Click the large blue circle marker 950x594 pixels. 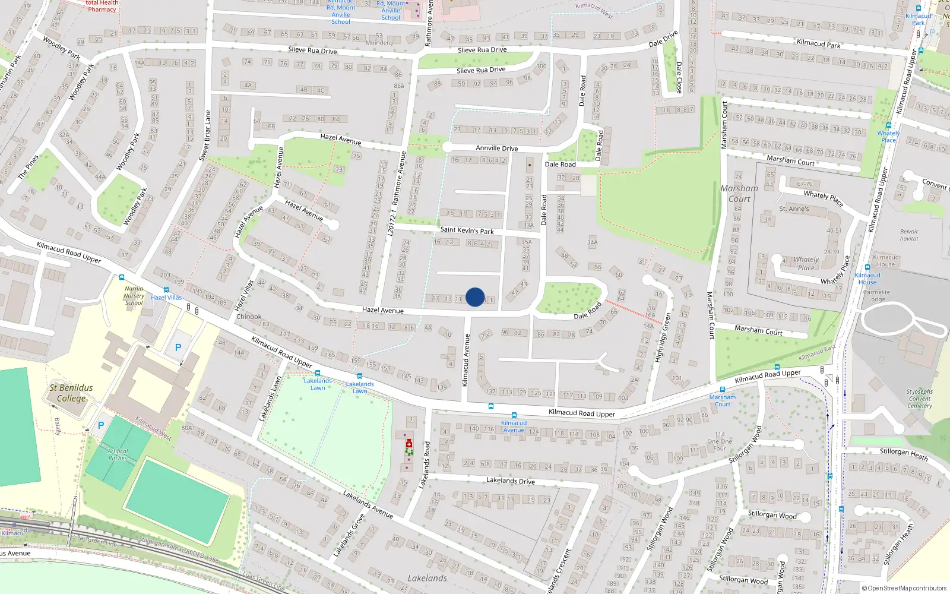coord(475,297)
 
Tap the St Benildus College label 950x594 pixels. coord(71,393)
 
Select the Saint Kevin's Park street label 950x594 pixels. coord(467,230)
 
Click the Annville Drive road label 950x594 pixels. coord(496,148)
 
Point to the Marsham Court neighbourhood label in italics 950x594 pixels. coord(739,194)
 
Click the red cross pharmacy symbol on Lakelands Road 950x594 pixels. coord(408,444)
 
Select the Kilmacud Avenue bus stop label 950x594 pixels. coord(514,426)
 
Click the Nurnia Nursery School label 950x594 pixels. coord(134,295)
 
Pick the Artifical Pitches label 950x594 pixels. coord(118,454)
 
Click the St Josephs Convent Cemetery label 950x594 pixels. coord(919,399)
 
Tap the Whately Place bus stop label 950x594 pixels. coord(888,137)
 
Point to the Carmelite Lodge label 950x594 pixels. coord(876,296)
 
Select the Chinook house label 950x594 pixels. coord(249,317)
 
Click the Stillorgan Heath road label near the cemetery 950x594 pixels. coord(903,453)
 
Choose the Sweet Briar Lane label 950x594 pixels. coord(205,135)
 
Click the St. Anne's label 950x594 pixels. coord(794,208)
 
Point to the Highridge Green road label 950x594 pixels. coord(663,337)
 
